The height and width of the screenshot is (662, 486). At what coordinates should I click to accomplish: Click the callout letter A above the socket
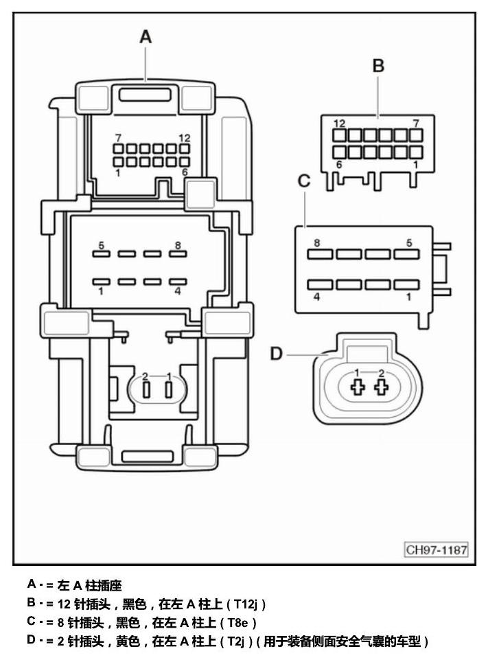pos(146,36)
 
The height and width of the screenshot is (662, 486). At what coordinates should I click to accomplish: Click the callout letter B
pos(378,66)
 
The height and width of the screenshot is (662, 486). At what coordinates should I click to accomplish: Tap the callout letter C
pos(303,181)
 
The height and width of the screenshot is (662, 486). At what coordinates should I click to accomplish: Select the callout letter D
pos(276,354)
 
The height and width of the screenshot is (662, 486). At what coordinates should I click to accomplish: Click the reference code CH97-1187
pos(436,549)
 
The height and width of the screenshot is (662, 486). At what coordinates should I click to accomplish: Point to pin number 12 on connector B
pos(339,124)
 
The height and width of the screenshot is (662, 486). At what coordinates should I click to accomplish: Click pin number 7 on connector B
pos(416,124)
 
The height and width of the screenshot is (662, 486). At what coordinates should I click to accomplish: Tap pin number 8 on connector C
pos(317,243)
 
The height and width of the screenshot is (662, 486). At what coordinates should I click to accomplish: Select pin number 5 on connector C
pos(409,243)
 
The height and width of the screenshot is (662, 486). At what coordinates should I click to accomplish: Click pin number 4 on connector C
pos(317,297)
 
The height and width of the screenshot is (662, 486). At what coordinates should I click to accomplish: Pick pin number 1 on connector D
pos(357,373)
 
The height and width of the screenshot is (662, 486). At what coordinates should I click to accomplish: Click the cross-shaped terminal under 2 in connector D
pos(382,387)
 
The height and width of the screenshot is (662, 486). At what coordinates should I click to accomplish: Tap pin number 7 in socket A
pos(118,137)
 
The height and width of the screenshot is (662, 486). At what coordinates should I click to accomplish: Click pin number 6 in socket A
pos(185,172)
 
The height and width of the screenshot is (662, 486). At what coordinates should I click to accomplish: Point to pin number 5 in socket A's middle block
pos(102,245)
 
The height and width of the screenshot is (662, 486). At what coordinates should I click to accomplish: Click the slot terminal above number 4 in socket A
pos(178,282)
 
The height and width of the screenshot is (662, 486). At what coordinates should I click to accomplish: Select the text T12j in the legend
pos(246,604)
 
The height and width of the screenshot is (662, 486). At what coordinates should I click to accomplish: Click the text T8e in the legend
pos(238,623)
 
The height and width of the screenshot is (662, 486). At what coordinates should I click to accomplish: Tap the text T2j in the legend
pos(236,641)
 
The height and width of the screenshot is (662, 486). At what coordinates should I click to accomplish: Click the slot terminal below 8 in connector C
pos(320,253)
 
